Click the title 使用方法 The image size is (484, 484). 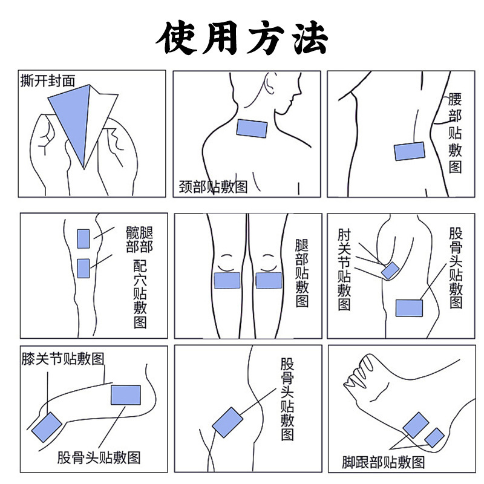click(x=242, y=38)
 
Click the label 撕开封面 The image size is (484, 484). click(x=48, y=81)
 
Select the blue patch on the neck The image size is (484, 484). click(x=252, y=128)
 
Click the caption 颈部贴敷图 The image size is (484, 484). click(x=214, y=186)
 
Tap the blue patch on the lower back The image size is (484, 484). click(x=410, y=151)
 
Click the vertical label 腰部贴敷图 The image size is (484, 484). click(x=455, y=132)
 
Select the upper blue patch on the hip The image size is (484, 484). click(x=83, y=238)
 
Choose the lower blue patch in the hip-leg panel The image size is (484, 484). click(x=83, y=268)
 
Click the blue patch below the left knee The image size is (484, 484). click(x=227, y=281)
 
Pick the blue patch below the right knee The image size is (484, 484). click(x=269, y=281)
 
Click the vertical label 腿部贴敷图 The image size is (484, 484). click(x=302, y=273)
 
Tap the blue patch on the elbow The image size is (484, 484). click(x=390, y=270)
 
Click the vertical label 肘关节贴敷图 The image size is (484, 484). click(x=344, y=269)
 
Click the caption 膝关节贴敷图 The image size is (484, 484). click(x=63, y=359)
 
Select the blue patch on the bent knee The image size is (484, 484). click(x=47, y=427)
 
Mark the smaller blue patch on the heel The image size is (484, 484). click(x=434, y=437)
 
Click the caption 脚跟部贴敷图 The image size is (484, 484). click(x=384, y=462)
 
